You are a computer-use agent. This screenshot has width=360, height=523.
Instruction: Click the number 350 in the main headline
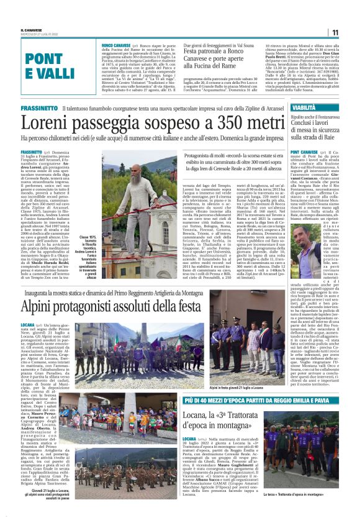tap(240, 123)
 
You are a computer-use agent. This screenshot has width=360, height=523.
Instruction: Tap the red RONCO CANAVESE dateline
tap(115, 45)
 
